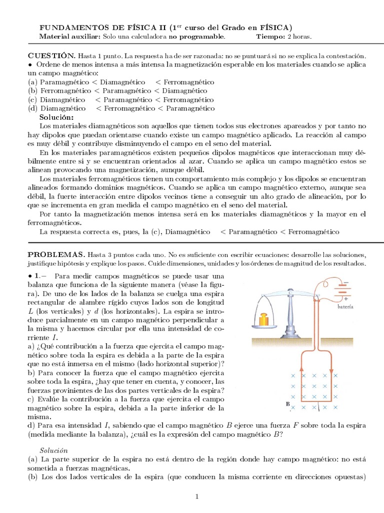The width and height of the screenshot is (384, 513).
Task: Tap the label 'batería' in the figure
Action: coord(348,307)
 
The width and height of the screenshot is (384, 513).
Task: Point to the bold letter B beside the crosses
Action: coord(287,403)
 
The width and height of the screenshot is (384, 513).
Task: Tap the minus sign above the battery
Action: coord(345,282)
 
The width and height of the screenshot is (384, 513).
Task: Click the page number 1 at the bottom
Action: coord(197,496)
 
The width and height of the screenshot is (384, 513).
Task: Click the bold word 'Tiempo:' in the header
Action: coord(270,37)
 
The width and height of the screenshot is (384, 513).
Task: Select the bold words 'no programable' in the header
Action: coord(196,37)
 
